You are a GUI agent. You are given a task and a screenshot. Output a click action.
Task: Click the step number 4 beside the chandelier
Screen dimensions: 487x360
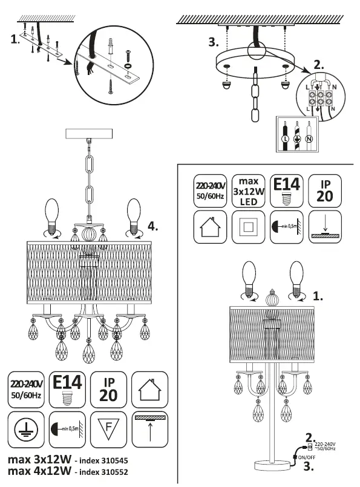pos(154,227)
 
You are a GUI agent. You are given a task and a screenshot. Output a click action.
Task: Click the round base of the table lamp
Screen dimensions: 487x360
pos(268,466)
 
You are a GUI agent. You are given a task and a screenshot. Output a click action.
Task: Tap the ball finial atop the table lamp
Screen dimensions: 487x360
pos(271,299)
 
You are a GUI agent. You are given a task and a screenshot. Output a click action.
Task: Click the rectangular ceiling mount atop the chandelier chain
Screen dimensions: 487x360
pos(88,134)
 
